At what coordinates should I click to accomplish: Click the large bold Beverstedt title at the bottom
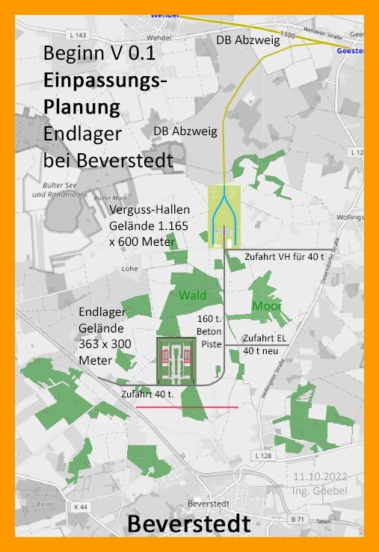(x=188, y=524)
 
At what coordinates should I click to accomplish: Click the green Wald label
(x=192, y=295)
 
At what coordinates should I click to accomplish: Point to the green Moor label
(x=266, y=306)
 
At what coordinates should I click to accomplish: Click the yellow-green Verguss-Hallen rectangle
(x=221, y=217)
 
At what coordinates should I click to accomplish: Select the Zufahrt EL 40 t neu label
(x=265, y=344)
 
